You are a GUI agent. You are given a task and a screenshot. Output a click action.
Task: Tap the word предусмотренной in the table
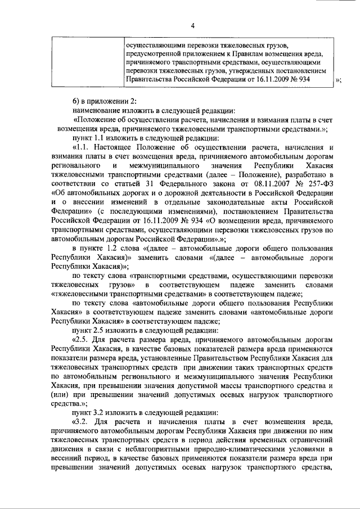pos(155,53)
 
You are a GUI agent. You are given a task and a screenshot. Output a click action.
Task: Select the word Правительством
pos(227,358)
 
